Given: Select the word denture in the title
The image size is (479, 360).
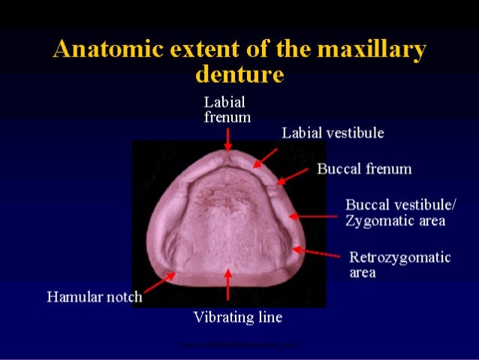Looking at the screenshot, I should tap(239, 74).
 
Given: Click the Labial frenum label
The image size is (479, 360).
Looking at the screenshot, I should tap(227, 109).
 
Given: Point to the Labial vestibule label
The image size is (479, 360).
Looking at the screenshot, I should tap(333, 133).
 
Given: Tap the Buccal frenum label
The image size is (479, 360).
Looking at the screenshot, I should tap(364, 168).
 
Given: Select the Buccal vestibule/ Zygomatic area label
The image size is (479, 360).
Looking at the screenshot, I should tap(395, 212).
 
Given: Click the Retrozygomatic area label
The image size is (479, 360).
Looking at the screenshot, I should tap(399, 265).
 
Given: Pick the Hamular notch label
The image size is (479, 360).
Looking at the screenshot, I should tap(95, 296).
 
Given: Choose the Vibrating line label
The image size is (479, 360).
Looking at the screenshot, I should tap(238, 317).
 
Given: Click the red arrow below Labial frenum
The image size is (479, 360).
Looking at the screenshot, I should tap(227, 139).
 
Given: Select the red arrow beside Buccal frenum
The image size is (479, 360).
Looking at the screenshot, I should tap(293, 175).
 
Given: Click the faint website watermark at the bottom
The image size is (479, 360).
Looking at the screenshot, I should tap(239, 345).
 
